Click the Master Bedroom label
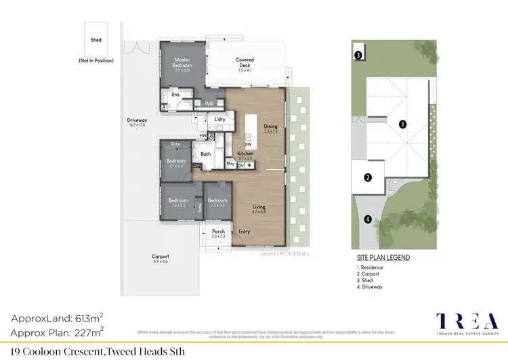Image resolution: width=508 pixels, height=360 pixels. point(183,63)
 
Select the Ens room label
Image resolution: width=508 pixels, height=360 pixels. point(175,95)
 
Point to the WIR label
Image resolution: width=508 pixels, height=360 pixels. point(209,104)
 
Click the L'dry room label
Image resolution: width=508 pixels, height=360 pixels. point(219,120)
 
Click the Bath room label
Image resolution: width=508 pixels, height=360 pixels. point(206,154)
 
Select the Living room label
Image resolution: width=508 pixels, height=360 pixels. point(259,207)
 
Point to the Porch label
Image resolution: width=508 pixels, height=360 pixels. point(218,233)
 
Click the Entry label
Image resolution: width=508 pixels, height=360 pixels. point(245,232)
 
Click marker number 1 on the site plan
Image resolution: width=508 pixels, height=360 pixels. point(402,124)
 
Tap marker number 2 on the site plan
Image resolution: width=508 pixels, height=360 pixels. point(368,178)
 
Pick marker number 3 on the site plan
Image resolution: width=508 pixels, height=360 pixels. point(358,55)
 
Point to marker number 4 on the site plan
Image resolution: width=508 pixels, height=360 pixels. point(368,219)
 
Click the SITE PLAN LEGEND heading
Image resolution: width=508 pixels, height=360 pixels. point(383,258)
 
